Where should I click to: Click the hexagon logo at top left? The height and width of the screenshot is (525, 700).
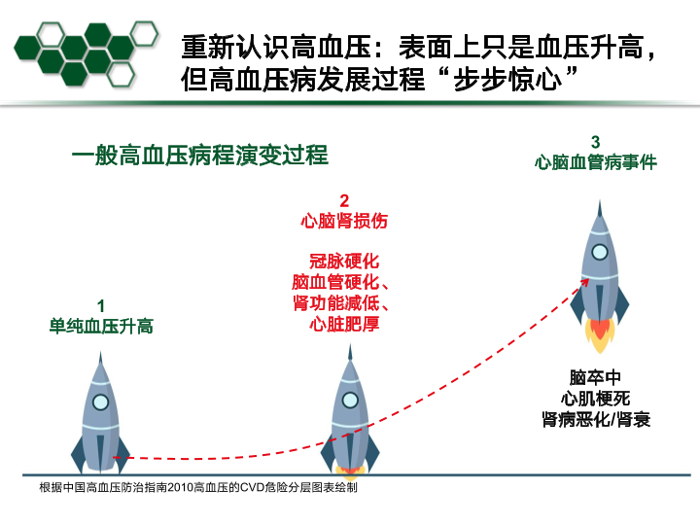[x=86, y=51]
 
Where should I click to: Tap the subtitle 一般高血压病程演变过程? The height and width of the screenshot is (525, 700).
[x=199, y=156]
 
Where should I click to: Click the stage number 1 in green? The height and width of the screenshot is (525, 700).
[x=101, y=306]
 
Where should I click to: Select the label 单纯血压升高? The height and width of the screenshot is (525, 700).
[x=101, y=326]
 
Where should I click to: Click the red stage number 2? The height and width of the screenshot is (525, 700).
[x=344, y=201]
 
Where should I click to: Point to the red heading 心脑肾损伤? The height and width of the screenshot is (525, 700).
[x=344, y=221]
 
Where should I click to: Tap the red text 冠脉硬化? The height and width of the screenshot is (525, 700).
[x=344, y=262]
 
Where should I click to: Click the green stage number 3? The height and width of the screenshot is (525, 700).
[x=595, y=143]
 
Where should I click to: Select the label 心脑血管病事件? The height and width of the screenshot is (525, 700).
[x=595, y=162]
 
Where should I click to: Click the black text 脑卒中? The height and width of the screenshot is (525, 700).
[x=595, y=377]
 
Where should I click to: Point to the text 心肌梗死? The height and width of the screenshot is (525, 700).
[x=595, y=398]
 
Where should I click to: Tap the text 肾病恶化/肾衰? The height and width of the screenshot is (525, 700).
[x=595, y=419]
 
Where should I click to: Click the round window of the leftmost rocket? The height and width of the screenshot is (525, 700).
[x=100, y=401]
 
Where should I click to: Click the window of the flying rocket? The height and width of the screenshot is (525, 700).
[x=601, y=252]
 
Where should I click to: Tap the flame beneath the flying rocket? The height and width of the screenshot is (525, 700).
[x=600, y=333]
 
